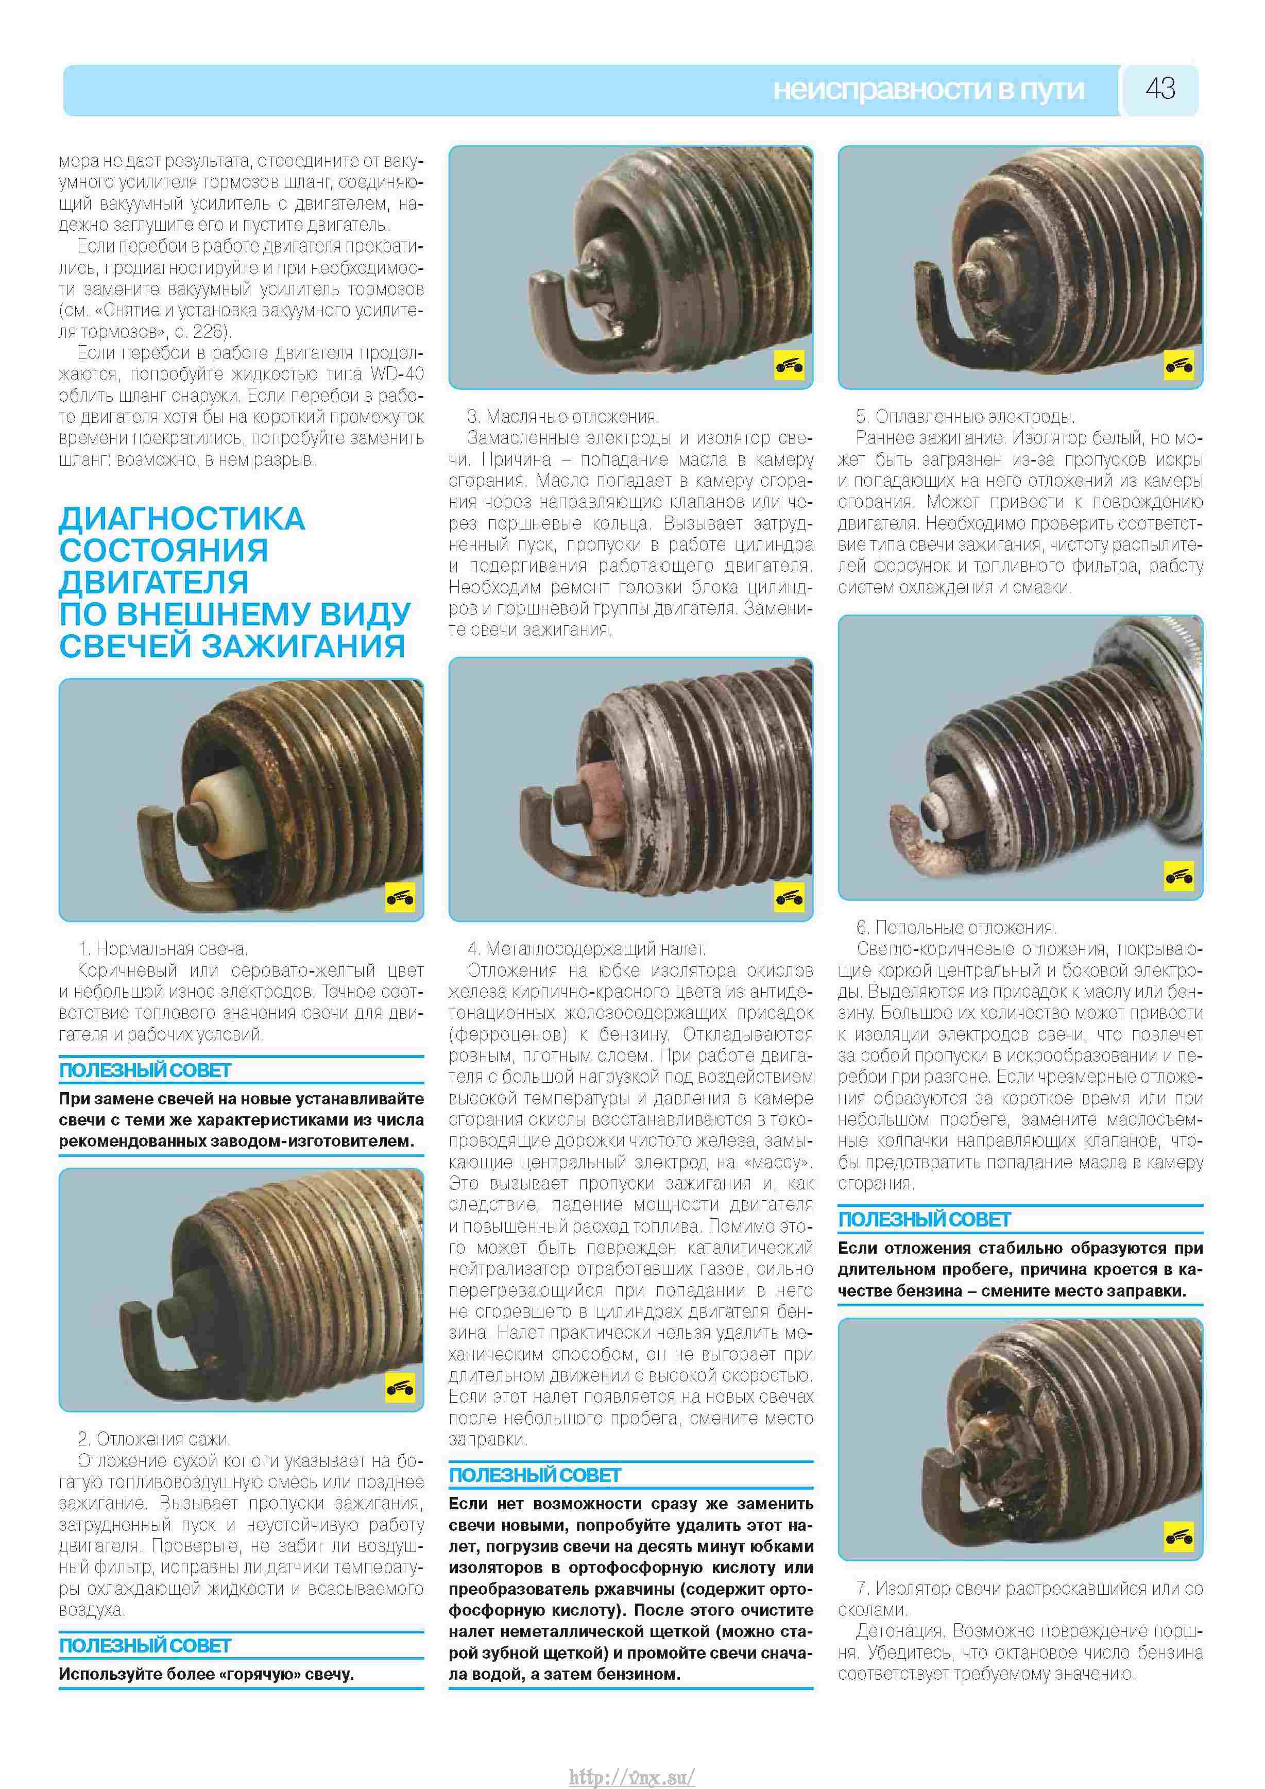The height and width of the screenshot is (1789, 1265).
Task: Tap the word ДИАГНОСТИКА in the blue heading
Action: (x=181, y=519)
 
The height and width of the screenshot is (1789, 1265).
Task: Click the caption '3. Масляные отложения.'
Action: (x=562, y=417)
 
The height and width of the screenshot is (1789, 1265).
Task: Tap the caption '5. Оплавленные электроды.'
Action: (x=965, y=417)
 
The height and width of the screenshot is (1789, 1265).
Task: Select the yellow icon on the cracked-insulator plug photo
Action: (x=1178, y=1537)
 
